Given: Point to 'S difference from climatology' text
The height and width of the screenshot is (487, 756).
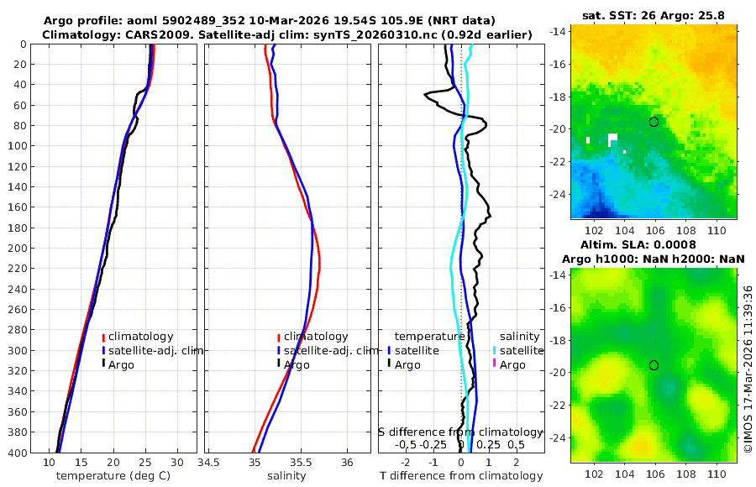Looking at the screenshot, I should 461,432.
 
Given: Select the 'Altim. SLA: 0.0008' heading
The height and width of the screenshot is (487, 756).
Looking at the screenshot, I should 653,244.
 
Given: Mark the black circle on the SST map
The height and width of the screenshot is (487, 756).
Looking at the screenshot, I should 654,122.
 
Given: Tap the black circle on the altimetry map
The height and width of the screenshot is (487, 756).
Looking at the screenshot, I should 654,365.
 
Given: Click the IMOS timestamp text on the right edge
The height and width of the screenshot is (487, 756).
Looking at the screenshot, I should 748,369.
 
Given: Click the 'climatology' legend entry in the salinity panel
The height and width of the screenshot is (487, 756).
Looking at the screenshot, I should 316,337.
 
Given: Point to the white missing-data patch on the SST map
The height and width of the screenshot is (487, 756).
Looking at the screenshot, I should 612,138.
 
